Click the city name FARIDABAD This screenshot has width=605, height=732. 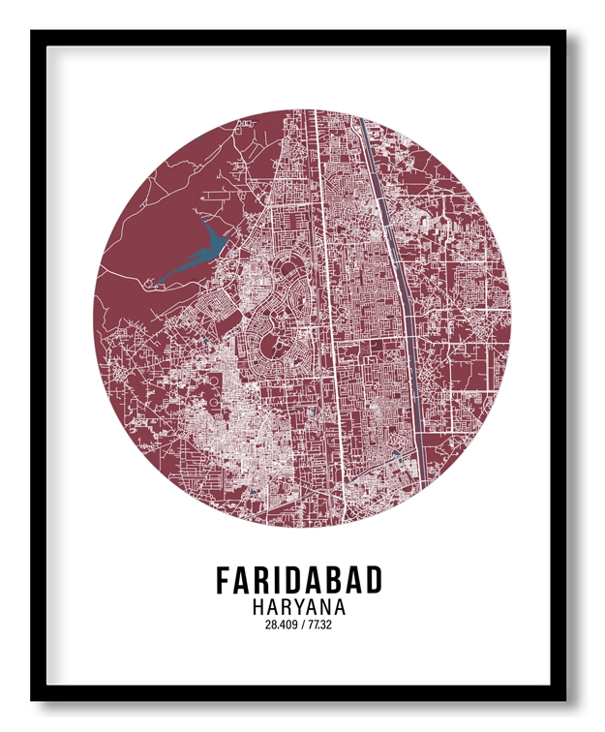pyautogui.click(x=299, y=580)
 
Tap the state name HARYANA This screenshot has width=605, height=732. pyautogui.click(x=299, y=607)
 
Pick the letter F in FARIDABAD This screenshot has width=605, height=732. pyautogui.click(x=224, y=580)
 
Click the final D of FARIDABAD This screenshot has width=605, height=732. pyautogui.click(x=374, y=580)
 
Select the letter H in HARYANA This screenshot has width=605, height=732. pyautogui.click(x=258, y=607)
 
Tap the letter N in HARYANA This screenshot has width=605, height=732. pyautogui.click(x=326, y=607)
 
